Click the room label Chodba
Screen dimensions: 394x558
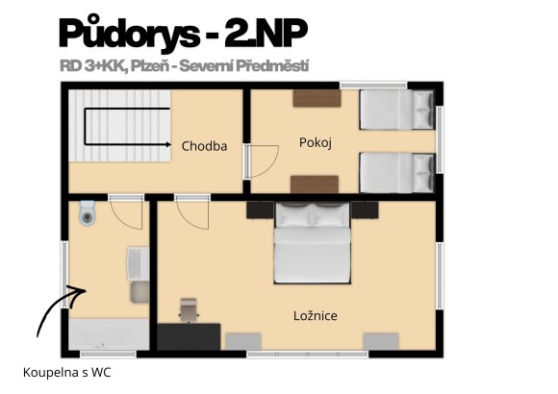coord(204,147)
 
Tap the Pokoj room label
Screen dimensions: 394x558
coord(315,143)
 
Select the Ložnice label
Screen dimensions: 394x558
coord(315,315)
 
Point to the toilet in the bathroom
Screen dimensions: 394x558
coord(88,213)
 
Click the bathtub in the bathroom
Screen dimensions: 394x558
coord(109,335)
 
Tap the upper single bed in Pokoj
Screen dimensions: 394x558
coord(395,110)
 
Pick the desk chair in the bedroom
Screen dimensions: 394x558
coord(189,309)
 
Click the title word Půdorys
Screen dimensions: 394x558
coord(125,35)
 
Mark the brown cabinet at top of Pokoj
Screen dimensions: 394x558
coord(317,97)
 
